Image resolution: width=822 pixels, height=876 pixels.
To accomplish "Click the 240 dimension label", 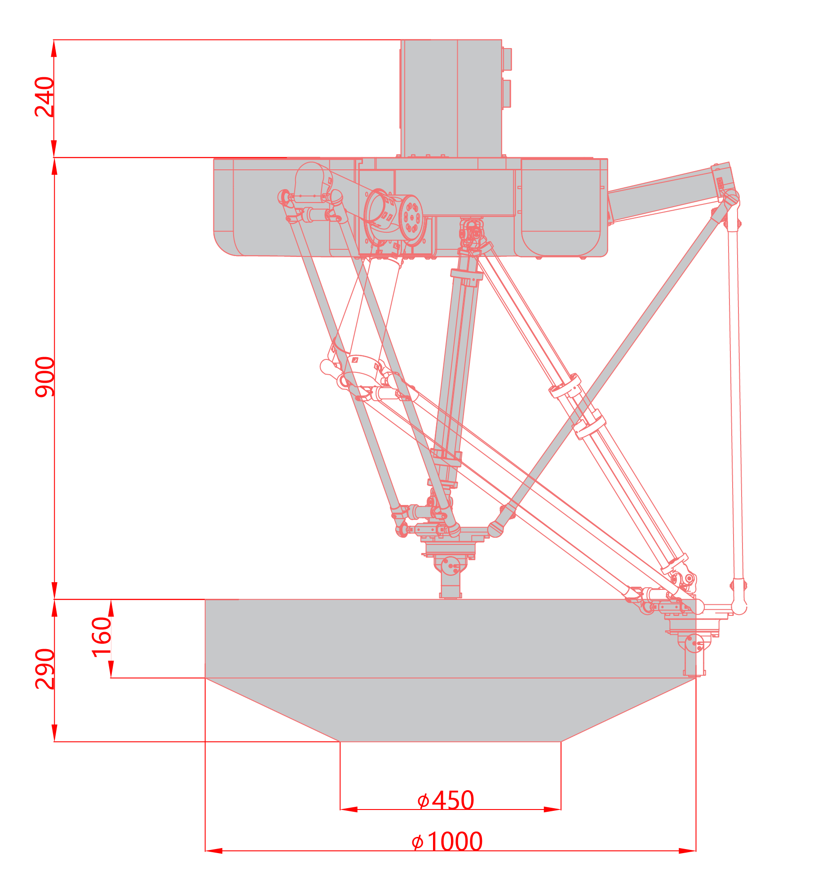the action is click(44, 97).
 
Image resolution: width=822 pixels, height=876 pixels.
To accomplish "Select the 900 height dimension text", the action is click(44, 377).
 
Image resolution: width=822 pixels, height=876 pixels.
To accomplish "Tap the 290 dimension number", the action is click(44, 669).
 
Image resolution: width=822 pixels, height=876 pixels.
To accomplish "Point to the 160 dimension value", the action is click(102, 637).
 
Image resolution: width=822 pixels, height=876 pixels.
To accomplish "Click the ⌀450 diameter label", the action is click(446, 801).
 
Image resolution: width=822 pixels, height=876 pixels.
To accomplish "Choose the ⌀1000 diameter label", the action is click(447, 842).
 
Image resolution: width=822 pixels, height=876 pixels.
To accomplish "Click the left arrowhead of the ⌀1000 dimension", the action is click(214, 851).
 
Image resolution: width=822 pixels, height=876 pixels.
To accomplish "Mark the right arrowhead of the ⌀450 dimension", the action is click(552, 810).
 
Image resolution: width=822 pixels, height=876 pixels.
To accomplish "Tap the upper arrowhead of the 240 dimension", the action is click(54, 48).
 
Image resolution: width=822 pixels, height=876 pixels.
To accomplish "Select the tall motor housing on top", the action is click(451, 98).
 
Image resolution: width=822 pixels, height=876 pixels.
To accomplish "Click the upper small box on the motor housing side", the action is click(507, 59).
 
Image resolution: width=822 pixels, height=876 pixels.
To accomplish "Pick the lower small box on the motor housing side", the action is click(507, 93).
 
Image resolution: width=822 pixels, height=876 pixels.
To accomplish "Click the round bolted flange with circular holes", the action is click(412, 219).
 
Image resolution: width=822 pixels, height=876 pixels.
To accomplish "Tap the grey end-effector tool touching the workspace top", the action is click(451, 577).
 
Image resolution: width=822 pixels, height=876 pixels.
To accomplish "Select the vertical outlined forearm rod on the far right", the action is click(735, 404).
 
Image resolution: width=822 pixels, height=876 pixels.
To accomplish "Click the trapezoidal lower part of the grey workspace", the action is click(451, 710).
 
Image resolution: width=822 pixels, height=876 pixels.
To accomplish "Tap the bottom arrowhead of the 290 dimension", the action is click(54, 733).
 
